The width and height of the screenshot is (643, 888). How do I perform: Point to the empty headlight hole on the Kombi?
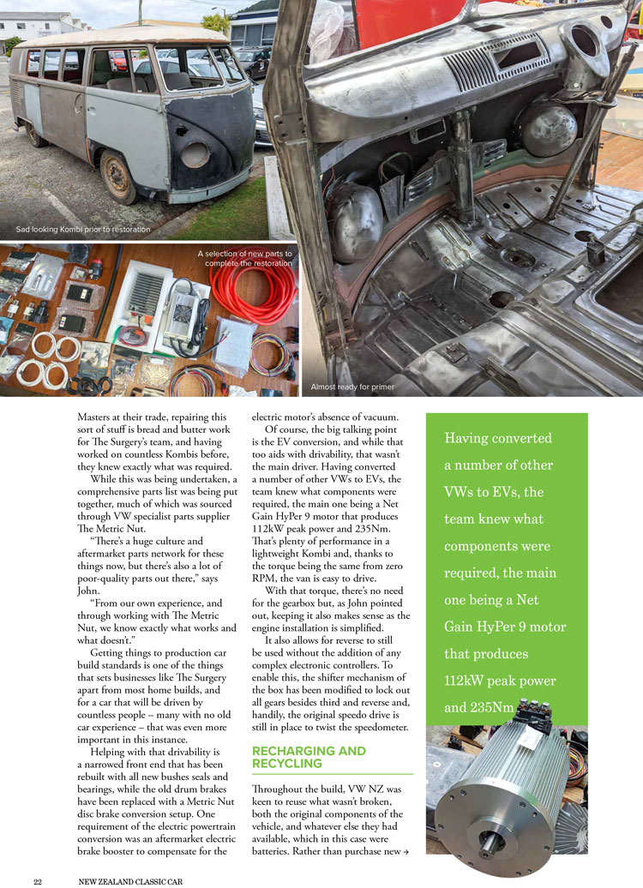195,154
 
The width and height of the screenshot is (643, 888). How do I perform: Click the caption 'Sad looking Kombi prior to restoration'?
83,230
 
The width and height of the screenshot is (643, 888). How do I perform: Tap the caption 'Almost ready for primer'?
352,387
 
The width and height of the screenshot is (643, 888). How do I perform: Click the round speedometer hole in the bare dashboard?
588,39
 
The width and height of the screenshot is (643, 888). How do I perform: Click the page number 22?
38,880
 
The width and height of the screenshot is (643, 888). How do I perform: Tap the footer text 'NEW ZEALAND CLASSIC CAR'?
129,880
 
